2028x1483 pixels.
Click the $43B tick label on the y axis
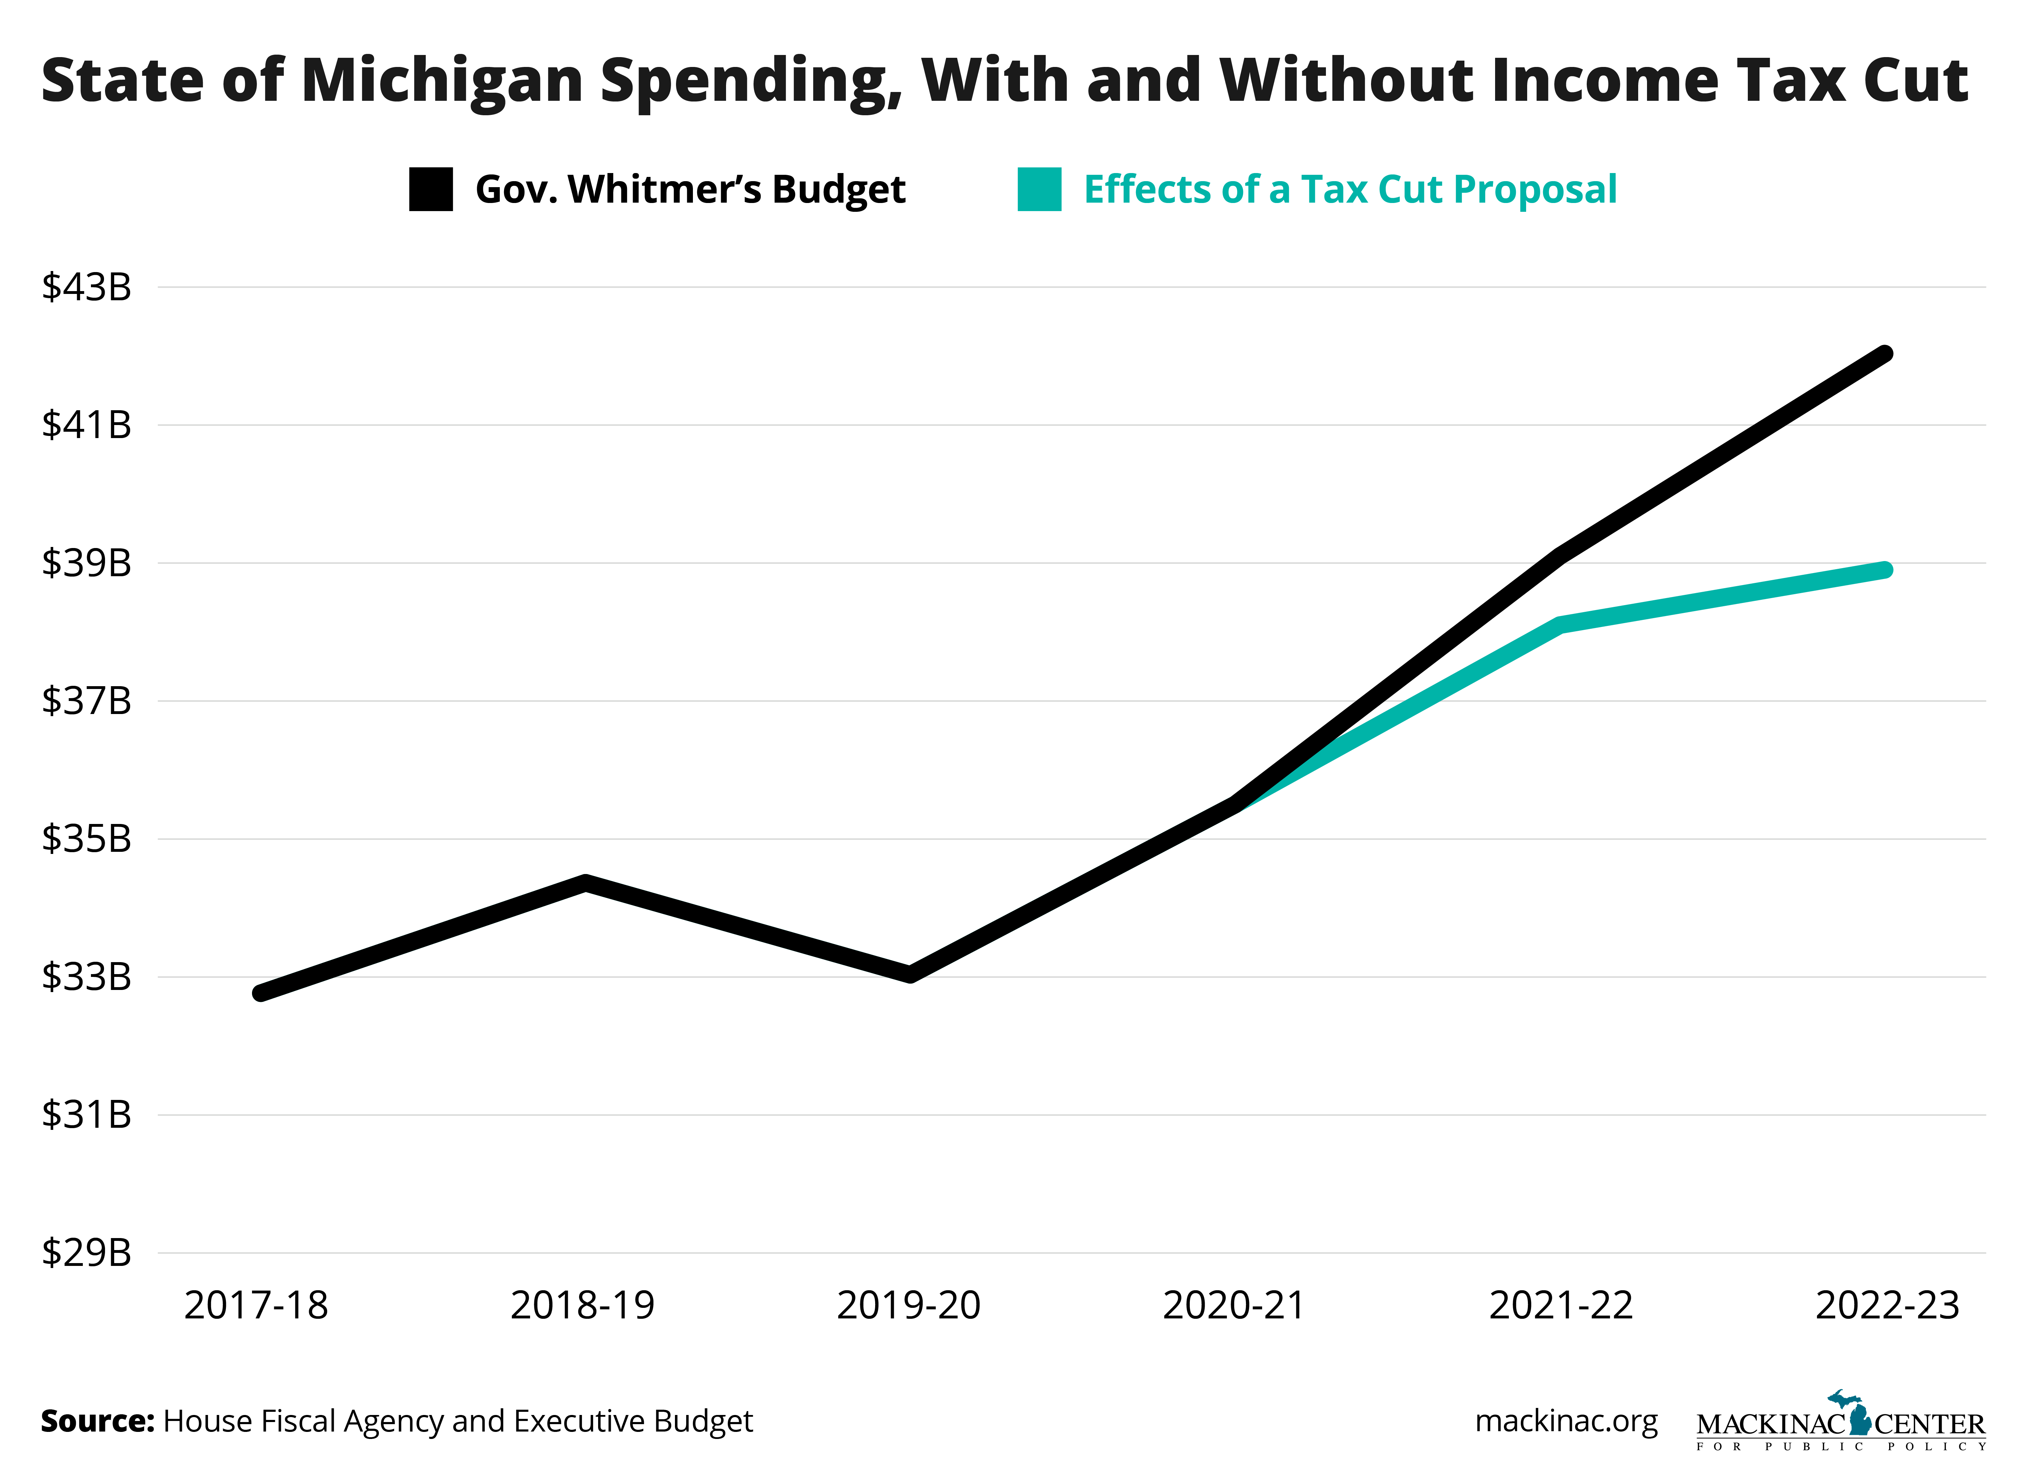86,287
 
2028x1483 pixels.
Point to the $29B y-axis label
86,1252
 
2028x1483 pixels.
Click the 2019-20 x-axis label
909,1305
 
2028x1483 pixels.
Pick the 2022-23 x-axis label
1887,1305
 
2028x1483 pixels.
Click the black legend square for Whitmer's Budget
431,189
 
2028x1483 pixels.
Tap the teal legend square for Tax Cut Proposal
1039,189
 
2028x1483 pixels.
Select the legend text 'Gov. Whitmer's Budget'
689,189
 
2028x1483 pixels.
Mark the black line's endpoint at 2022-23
1885,354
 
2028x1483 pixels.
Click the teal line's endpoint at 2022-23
1885,570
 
